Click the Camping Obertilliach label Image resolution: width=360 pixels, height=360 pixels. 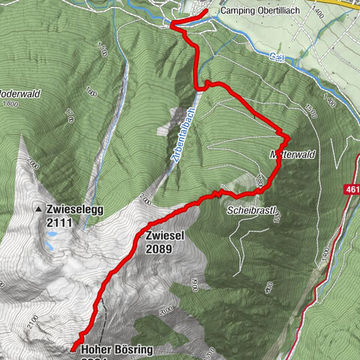(x=256, y=12)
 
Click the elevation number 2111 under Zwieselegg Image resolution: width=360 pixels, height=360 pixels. (x=61, y=223)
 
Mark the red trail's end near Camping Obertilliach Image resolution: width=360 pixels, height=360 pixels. (x=205, y=12)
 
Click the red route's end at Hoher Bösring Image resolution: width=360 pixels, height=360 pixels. (x=73, y=349)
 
